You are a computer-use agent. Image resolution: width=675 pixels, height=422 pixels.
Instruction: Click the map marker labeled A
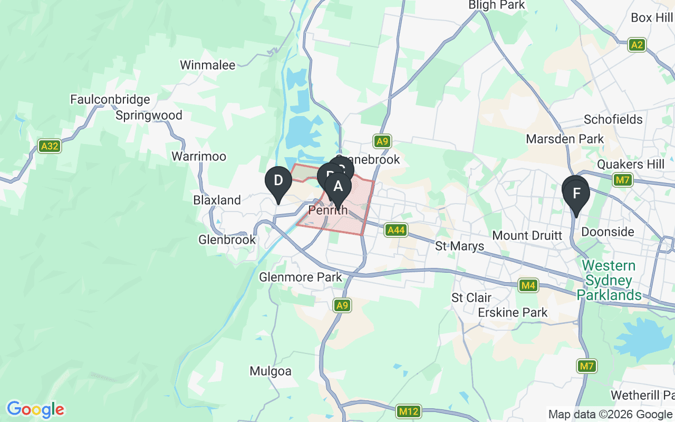click(338, 187)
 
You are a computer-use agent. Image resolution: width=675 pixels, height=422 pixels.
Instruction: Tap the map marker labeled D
click(278, 181)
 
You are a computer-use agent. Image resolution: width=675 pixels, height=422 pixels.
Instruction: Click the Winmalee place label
click(207, 65)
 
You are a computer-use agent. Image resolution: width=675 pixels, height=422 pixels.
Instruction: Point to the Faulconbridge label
click(110, 99)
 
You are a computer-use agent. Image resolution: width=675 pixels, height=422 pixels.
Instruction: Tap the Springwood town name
click(149, 115)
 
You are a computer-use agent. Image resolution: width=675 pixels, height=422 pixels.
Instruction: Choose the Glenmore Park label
click(301, 277)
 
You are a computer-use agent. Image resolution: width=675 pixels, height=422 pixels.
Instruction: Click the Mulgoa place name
click(271, 371)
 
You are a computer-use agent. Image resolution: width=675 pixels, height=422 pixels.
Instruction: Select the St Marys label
click(460, 246)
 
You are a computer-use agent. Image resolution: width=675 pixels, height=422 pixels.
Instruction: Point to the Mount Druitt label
click(527, 235)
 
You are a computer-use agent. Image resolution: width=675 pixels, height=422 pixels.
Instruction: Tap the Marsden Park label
click(565, 139)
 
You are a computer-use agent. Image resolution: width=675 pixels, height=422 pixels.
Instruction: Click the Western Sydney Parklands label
click(609, 280)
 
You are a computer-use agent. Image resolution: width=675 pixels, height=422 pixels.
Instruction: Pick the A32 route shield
click(50, 146)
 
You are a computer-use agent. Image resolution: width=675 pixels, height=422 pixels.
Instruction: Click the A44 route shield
click(396, 229)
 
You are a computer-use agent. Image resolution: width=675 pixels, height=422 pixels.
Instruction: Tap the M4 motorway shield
click(528, 285)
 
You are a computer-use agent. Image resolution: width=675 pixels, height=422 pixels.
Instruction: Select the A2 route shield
click(637, 44)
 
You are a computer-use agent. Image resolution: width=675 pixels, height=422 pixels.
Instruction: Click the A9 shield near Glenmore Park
click(342, 305)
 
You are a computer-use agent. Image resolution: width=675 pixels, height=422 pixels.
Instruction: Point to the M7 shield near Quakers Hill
click(623, 180)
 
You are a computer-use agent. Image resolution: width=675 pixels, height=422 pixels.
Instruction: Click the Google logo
click(35, 409)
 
